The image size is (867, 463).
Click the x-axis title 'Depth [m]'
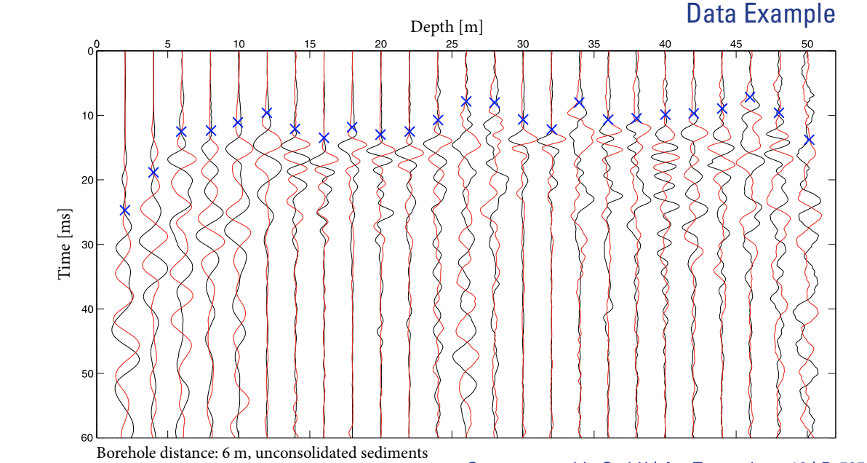tap(446, 27)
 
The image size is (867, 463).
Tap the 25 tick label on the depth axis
tap(452, 44)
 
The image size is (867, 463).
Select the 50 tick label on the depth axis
tap(807, 44)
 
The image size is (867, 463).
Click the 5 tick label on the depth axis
tap(168, 44)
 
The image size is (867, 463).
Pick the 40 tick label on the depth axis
tap(665, 44)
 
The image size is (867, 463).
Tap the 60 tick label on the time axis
tap(88, 438)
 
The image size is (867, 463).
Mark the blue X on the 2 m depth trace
tap(124, 210)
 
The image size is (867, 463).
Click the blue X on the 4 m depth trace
tap(153, 172)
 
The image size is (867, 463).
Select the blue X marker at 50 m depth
tap(809, 139)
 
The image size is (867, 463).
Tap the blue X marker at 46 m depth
tap(750, 97)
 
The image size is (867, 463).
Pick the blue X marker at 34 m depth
tap(579, 102)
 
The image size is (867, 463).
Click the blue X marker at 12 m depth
tap(267, 112)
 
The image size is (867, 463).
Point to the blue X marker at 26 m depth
tap(466, 101)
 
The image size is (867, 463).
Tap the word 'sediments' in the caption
tap(396, 453)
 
